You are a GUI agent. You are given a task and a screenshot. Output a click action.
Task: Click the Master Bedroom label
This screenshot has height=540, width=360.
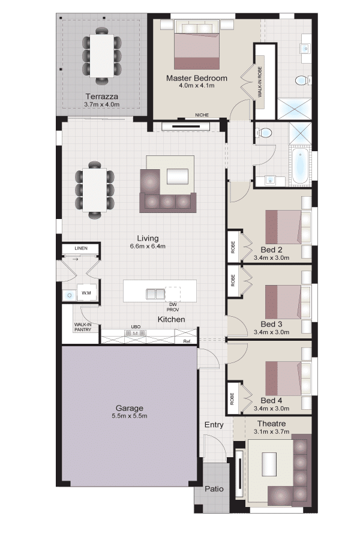197,78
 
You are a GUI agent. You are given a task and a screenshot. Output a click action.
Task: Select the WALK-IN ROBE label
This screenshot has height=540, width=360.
260,82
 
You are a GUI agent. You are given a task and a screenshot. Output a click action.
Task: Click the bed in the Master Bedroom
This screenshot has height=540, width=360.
197,45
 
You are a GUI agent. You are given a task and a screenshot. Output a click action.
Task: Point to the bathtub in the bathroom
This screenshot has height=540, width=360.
301,165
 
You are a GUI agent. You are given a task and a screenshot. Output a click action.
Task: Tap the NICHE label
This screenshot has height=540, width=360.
202,115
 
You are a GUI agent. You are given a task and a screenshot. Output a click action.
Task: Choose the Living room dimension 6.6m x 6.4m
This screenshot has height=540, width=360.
148,246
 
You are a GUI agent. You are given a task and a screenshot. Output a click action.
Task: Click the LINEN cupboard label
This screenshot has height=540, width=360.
81,248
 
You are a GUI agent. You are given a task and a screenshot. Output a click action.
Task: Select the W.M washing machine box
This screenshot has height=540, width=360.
86,293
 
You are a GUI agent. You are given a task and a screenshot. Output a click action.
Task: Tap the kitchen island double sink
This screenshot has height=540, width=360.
155,294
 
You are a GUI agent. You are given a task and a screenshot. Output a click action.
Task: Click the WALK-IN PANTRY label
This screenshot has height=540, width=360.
83,327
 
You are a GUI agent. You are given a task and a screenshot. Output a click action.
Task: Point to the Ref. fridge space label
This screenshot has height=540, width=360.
187,341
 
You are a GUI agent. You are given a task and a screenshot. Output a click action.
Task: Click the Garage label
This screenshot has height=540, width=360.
129,408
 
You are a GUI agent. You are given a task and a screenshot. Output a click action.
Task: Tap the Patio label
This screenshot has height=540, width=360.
214,488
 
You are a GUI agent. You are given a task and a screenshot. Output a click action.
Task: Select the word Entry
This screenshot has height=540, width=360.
214,425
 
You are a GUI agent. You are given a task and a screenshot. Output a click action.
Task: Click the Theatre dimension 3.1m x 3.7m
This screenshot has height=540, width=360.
271,431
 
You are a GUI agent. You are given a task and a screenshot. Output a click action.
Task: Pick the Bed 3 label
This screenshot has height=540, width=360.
271,324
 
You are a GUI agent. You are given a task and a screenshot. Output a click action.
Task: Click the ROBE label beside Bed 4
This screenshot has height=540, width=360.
232,398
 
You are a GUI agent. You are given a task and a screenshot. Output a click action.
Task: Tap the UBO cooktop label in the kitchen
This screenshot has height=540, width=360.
136,327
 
